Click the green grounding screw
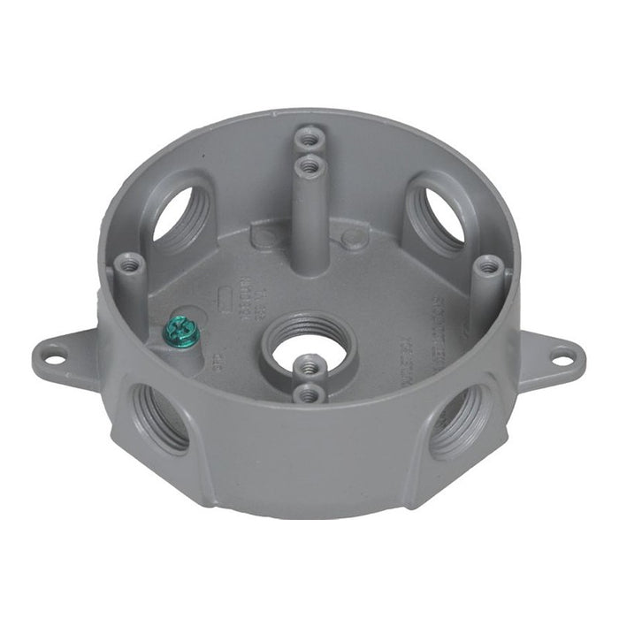pos(182,332)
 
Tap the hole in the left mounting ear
pos(56,359)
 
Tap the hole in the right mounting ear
pos(560,357)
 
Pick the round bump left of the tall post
pos(262,236)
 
